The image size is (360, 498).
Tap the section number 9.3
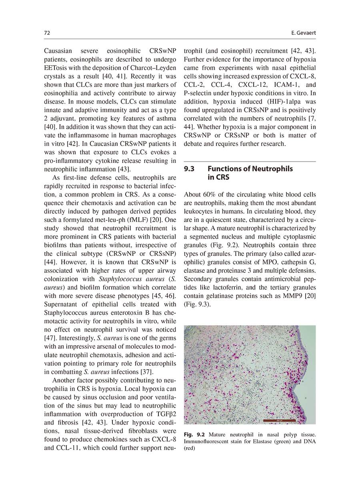tap(189, 169)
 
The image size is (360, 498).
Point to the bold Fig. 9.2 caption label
tap(194, 434)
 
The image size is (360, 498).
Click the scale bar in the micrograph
tap(280, 420)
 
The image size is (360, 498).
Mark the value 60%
tap(207, 195)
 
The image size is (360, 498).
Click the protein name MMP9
tap(287, 296)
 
